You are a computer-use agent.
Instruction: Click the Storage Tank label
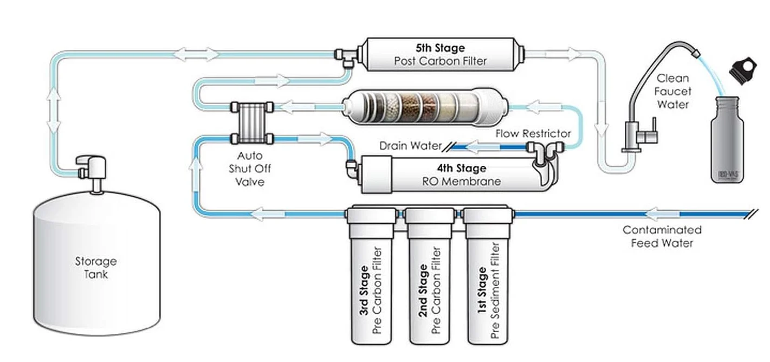click(95, 268)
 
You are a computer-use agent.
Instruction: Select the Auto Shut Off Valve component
click(250, 123)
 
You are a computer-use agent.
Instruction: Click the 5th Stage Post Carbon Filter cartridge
click(439, 54)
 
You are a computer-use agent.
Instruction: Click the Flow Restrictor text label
click(533, 133)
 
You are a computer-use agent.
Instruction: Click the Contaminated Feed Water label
click(662, 236)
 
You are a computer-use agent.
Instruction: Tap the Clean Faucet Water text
click(672, 91)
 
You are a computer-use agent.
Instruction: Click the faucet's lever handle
click(653, 132)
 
